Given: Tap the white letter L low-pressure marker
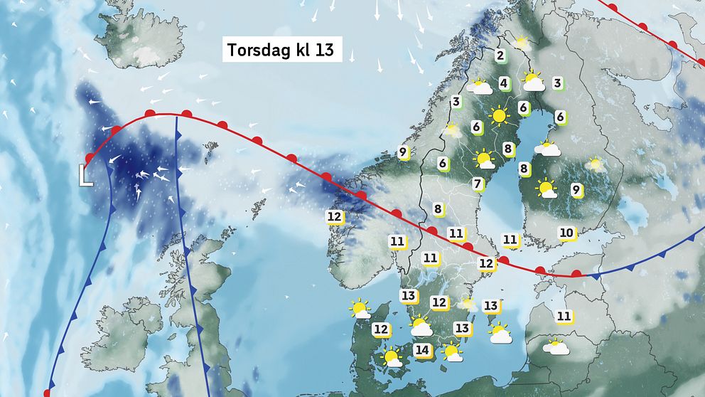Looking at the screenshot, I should pos(85,175).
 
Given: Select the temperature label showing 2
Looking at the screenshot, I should pos(500,56).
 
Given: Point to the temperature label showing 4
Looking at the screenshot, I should pos(504,83).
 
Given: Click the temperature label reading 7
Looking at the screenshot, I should pos(478,184).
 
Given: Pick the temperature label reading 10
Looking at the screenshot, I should pos(566,233).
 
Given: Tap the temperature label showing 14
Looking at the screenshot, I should pos(422,350).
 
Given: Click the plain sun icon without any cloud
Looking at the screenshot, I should pos(499,115).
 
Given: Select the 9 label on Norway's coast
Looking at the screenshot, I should pos(403,152).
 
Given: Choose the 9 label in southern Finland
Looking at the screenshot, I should pos(576,189).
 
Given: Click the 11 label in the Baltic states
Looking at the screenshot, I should pos(564,316).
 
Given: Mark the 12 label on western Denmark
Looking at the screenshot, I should pos(382,329).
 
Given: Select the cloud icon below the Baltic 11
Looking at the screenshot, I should pos(556,346).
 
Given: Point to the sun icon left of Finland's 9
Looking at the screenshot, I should pos(547,189).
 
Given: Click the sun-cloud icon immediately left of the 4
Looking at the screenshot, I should pos(480,88).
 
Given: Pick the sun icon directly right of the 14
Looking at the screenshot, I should pos(451,351).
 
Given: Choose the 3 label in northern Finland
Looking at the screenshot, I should pos(557,83).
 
